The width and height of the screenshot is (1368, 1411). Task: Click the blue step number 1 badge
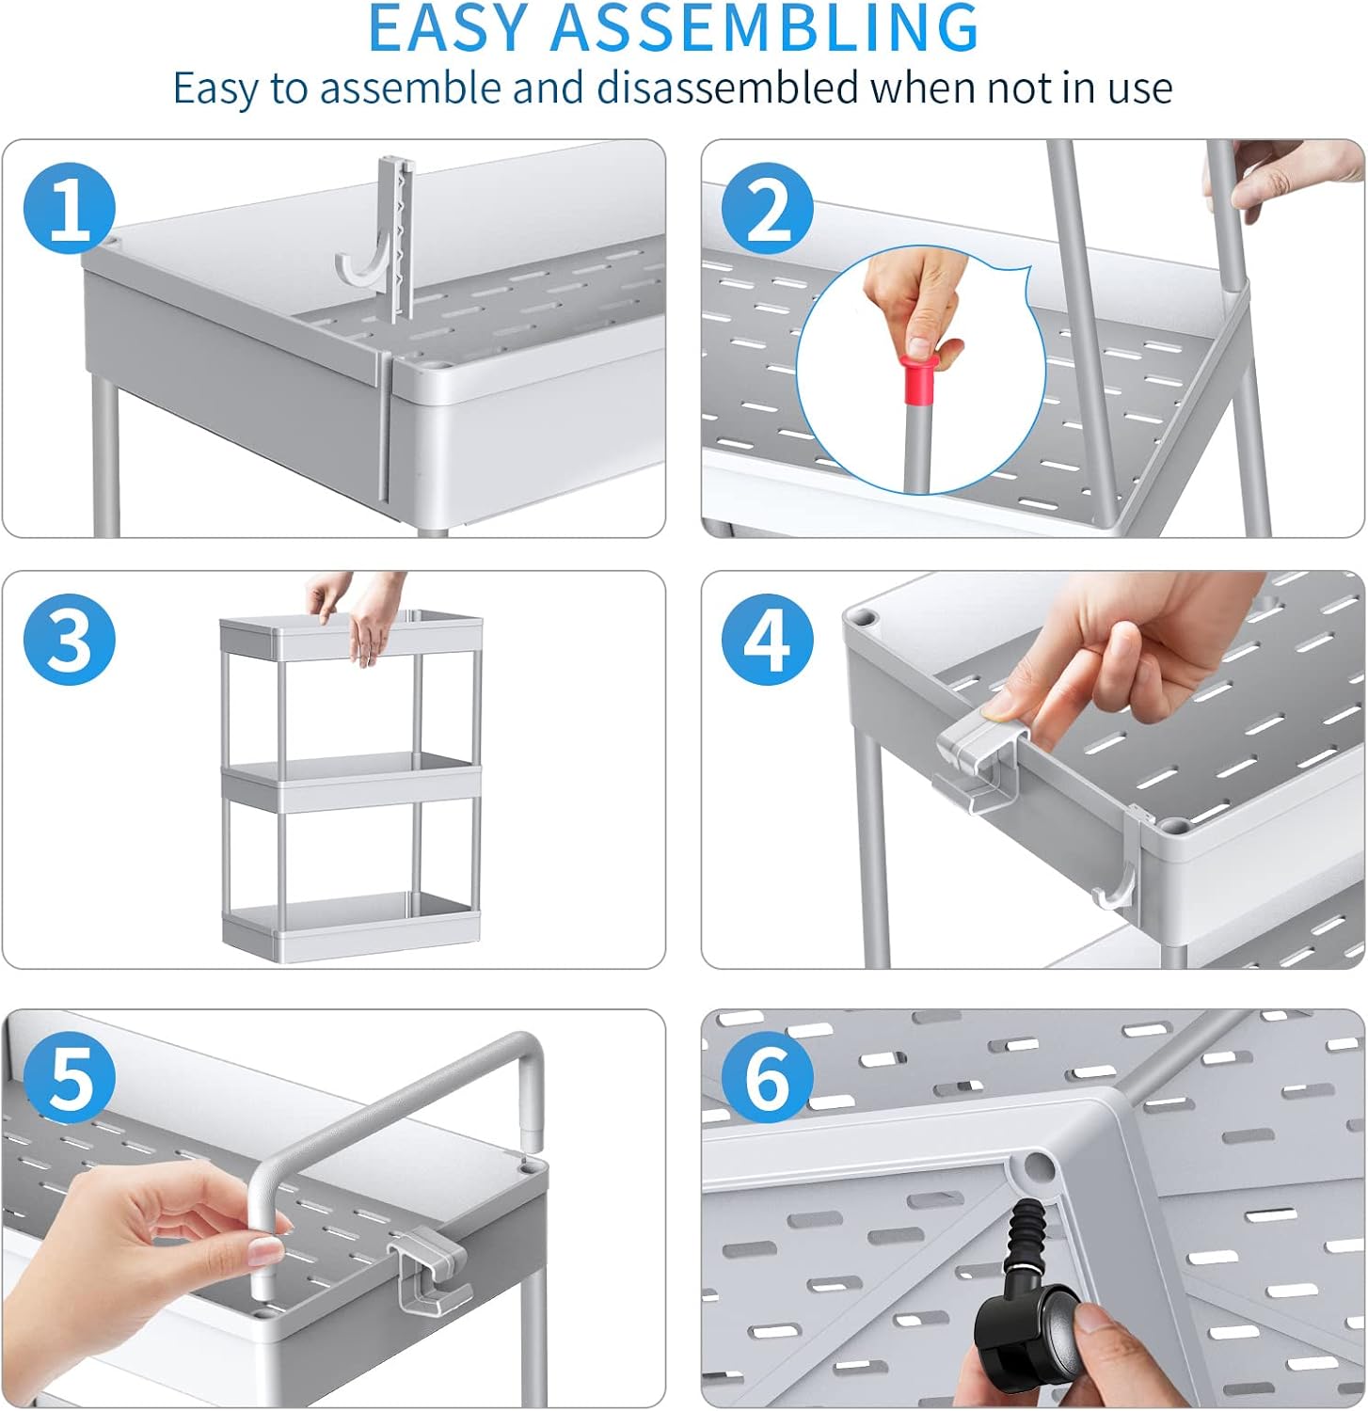pyautogui.click(x=69, y=208)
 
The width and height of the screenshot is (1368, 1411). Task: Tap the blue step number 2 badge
pyautogui.click(x=768, y=208)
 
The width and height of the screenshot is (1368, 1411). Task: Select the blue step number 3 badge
pyautogui.click(x=69, y=640)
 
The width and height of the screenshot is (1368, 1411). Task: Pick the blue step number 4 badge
pyautogui.click(x=768, y=640)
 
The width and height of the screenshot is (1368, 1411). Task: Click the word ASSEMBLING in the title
pyautogui.click(x=765, y=28)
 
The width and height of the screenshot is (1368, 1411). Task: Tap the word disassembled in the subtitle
pyautogui.click(x=728, y=88)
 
